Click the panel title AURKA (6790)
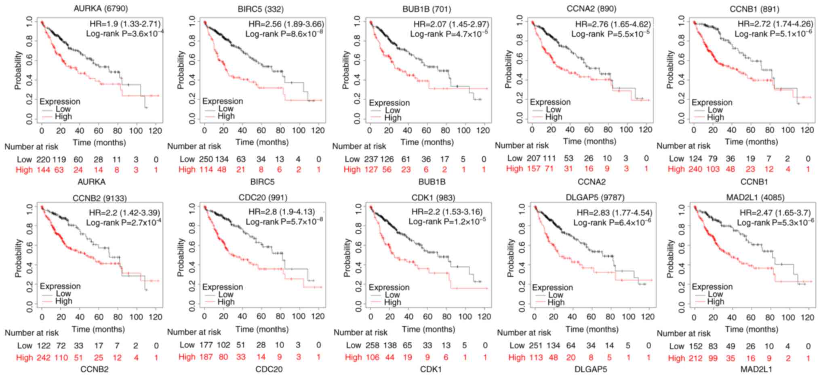[x=95, y=8]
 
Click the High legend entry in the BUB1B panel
[x=392, y=118]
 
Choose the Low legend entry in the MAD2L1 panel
[x=715, y=294]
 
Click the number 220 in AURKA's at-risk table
[x=44, y=159]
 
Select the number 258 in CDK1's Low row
[x=372, y=345]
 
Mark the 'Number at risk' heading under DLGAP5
[x=524, y=333]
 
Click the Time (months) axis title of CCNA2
[x=589, y=141]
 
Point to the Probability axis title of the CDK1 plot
[x=347, y=257]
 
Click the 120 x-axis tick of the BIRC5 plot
[x=318, y=130]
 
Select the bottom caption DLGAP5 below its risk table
[x=591, y=369]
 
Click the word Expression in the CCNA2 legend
[x=550, y=102]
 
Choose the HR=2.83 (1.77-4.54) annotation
[x=614, y=212]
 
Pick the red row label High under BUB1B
[x=352, y=170]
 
